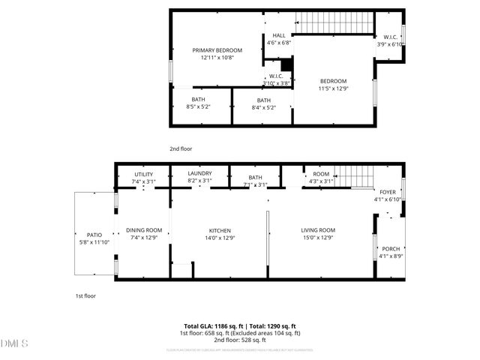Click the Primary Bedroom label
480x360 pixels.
click(217, 50)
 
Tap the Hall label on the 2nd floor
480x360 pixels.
click(278, 35)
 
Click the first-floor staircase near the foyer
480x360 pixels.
click(353, 177)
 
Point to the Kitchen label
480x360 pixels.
click(219, 231)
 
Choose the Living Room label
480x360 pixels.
click(318, 231)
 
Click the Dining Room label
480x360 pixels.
click(143, 230)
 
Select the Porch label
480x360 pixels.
click(391, 250)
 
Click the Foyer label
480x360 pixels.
click(387, 192)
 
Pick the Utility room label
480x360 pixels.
click(142, 174)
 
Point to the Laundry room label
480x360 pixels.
click(199, 173)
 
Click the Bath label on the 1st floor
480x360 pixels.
click(255, 178)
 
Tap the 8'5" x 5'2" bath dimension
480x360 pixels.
click(198, 107)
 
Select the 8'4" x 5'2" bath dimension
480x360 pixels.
click(263, 108)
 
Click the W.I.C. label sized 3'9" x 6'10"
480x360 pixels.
click(390, 44)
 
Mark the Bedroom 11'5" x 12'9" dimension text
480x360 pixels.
click(334, 88)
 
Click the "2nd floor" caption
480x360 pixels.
click(181, 148)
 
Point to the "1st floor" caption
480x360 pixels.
click(85, 295)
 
